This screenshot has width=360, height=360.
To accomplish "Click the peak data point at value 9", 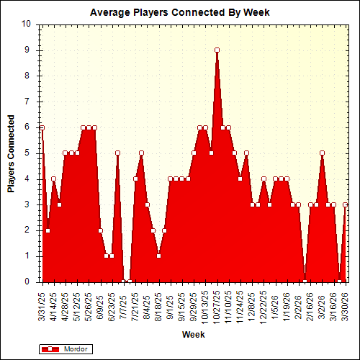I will tap(217, 50).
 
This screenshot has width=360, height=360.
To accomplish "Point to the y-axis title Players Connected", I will tap(12, 153).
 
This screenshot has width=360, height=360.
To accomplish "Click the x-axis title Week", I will tap(193, 335).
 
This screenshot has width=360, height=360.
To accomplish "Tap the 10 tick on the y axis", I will tap(27, 24).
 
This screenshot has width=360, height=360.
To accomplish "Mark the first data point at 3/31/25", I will tap(42, 127).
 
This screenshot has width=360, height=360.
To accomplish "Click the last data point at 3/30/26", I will tap(346, 204).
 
